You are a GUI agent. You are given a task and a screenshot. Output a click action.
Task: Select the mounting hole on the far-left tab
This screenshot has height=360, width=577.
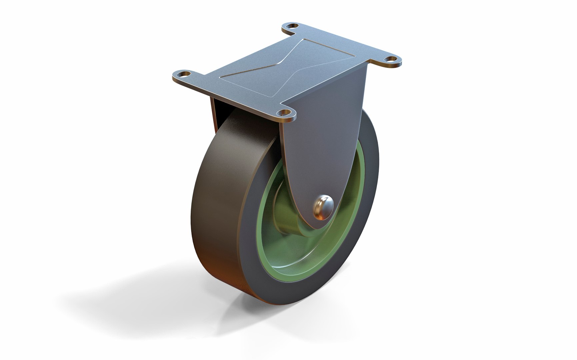click(x=183, y=74)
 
